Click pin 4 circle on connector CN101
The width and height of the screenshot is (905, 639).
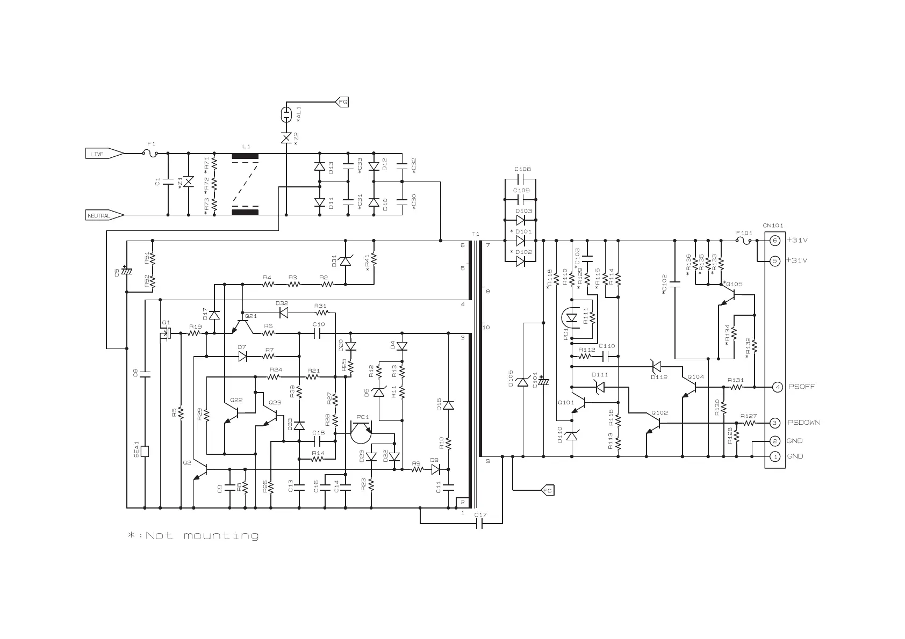[775, 387]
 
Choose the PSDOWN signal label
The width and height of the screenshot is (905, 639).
[804, 423]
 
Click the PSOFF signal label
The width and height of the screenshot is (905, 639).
[801, 387]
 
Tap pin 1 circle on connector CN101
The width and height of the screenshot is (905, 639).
[775, 456]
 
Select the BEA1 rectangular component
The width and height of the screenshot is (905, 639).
[144, 451]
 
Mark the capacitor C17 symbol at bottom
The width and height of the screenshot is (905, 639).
[480, 523]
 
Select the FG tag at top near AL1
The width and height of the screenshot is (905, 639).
[342, 101]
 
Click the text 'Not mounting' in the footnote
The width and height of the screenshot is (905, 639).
[202, 536]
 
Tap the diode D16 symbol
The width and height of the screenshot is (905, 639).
[448, 405]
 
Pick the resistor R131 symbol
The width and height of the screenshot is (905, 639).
[735, 387]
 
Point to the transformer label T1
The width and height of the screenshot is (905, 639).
[475, 234]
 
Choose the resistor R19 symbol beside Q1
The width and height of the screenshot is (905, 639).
[195, 333]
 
